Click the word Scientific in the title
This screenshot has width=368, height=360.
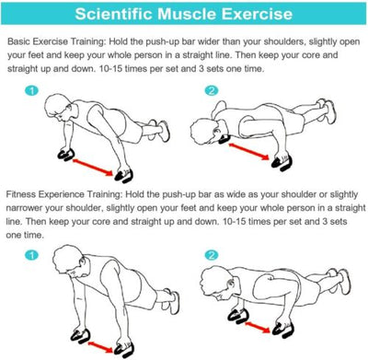point(113,14)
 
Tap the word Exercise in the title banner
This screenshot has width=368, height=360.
point(257,14)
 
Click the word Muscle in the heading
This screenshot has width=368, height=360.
point(187,14)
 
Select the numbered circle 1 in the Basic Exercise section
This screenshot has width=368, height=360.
point(32,90)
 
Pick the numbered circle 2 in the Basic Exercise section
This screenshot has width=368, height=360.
point(212,90)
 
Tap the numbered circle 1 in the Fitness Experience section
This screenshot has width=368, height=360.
point(32,255)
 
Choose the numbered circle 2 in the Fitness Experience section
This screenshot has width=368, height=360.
point(212,255)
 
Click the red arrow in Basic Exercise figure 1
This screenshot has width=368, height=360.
point(93,166)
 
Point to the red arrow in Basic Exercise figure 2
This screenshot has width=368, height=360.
point(248,151)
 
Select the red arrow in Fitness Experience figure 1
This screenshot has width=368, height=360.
point(100,346)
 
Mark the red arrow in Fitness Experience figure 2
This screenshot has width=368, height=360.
point(258,327)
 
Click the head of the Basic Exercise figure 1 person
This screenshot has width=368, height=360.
point(59,108)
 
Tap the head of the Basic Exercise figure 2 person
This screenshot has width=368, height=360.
point(205,132)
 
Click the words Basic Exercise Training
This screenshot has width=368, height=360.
point(56,41)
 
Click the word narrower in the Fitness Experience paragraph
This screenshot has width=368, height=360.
point(25,208)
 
